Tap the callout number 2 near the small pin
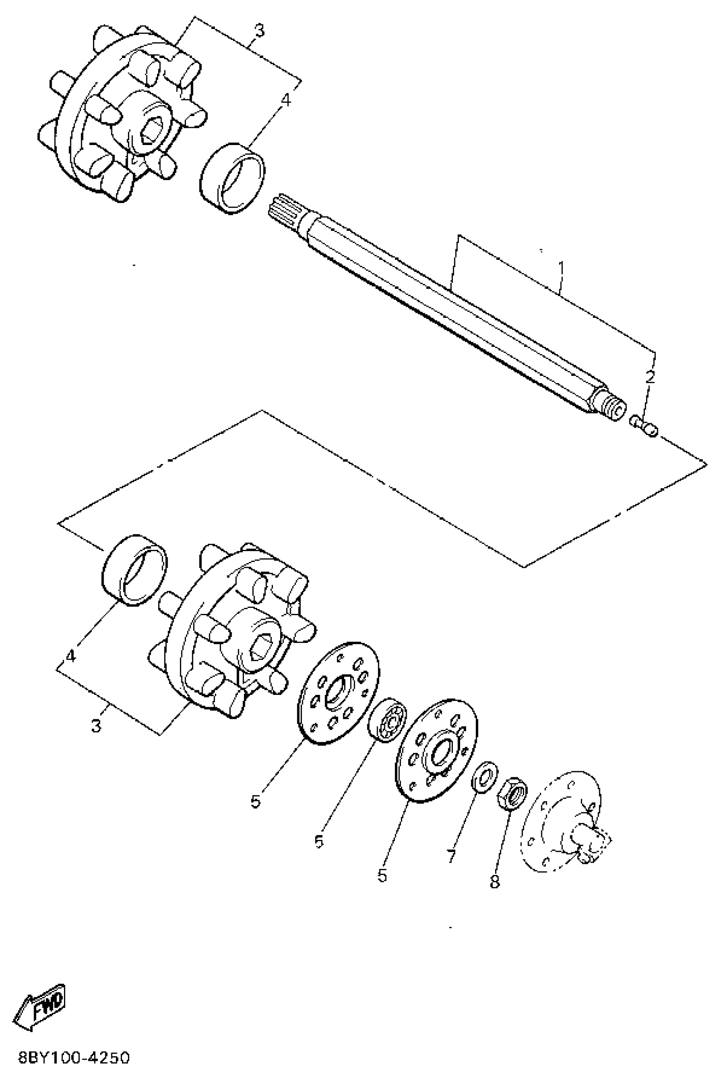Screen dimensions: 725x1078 coord(650,377)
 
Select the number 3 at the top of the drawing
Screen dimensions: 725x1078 coord(259,31)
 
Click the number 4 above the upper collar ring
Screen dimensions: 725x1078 coord(286,99)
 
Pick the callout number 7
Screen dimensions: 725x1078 coord(451,855)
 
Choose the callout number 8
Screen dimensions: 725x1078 coord(495,881)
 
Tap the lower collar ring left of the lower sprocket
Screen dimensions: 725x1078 coord(134,570)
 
